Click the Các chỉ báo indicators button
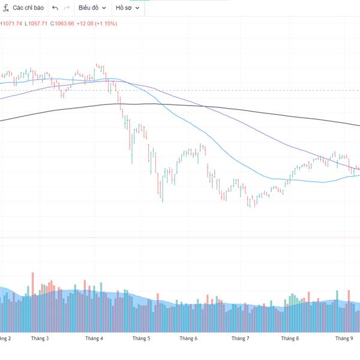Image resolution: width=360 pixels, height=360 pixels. point(28,8)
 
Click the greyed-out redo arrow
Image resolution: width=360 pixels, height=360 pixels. point(67,8)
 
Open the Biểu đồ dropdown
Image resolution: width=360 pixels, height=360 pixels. point(92,8)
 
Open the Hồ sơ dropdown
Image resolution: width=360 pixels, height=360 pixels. point(128,8)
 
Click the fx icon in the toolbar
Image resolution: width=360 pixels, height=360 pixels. point(6,8)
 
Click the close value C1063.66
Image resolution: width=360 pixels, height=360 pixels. point(62,23)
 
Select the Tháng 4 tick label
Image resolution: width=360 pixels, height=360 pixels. point(94,338)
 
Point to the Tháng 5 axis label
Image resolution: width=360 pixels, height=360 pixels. point(140,338)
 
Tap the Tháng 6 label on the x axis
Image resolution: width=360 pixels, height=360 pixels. point(188,338)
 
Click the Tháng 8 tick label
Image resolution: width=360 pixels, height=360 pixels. point(289,338)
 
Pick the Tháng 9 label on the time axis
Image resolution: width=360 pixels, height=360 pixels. point(344,338)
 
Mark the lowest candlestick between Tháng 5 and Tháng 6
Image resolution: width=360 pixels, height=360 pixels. point(163,192)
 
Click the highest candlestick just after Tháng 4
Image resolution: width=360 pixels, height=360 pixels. point(97,68)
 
